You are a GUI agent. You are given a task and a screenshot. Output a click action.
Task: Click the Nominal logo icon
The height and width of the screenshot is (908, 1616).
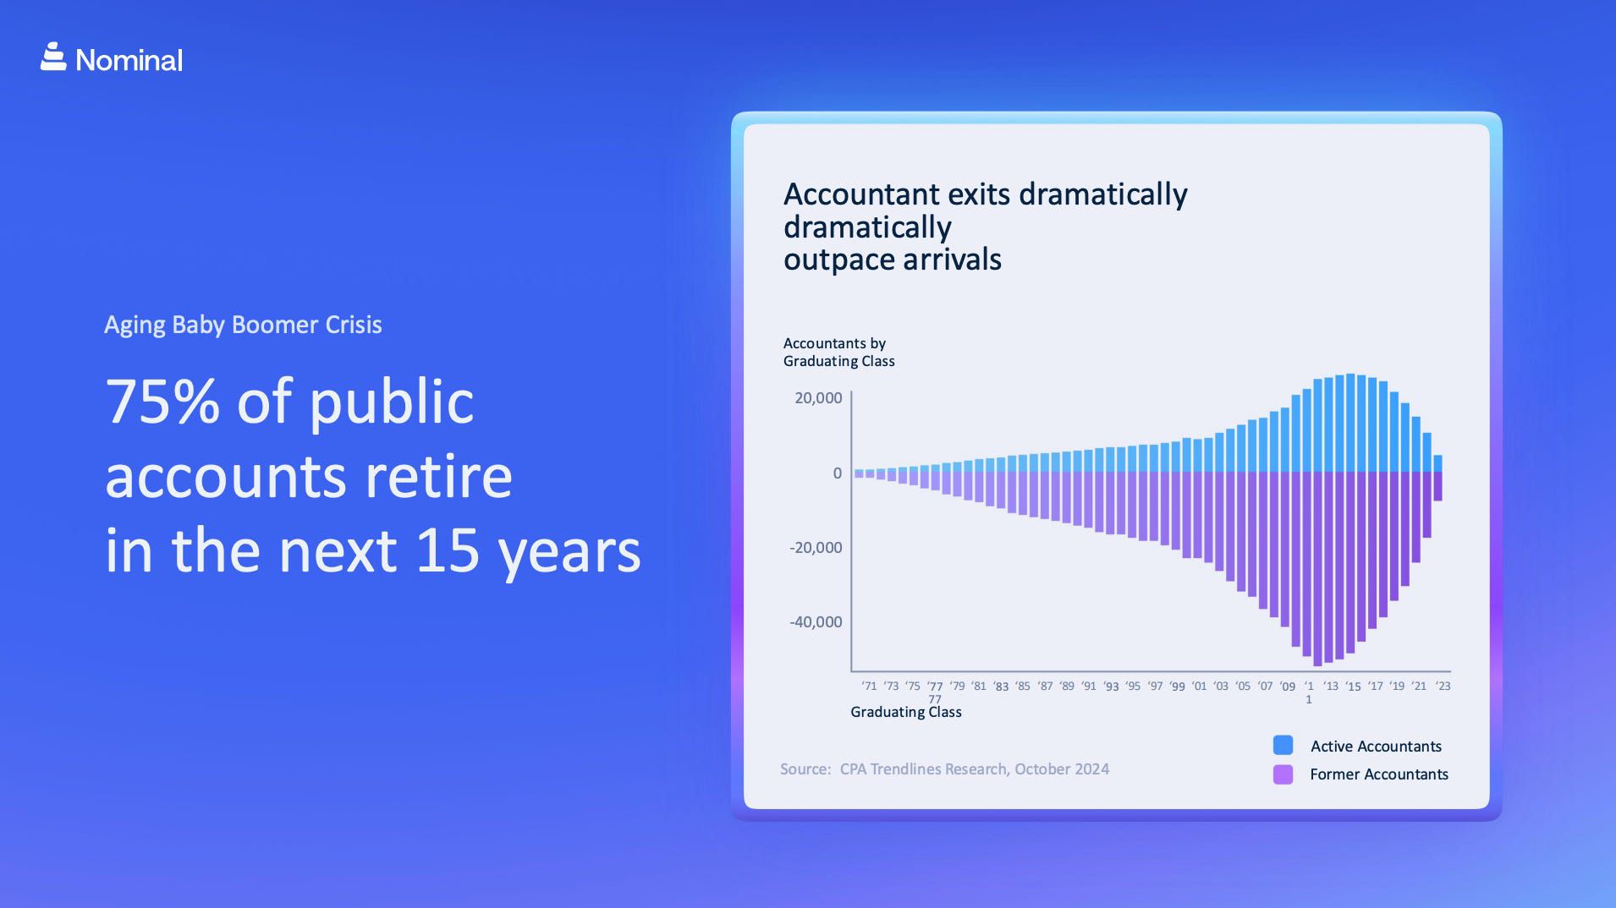[53, 57]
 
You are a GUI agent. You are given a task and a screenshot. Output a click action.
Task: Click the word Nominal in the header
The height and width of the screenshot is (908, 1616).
[129, 60]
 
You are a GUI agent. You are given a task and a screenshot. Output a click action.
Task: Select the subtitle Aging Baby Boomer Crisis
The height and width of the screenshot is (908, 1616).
[243, 325]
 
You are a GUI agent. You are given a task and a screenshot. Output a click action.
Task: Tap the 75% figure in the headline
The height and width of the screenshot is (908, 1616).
[162, 402]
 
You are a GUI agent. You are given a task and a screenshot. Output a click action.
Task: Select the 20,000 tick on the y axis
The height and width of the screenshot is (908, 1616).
[818, 398]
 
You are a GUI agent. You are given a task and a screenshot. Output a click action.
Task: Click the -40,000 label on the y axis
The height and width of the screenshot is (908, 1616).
[816, 622]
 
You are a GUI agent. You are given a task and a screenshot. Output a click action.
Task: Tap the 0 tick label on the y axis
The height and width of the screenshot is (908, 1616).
[837, 473]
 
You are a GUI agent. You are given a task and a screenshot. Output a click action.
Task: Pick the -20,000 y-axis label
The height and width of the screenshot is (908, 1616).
[816, 548]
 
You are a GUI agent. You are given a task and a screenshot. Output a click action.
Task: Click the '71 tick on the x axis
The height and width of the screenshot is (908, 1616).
[869, 686]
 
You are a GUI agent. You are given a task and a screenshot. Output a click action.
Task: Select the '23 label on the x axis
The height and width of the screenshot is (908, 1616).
[1443, 686]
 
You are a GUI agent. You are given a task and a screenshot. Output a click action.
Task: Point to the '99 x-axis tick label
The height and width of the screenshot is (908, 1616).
[1177, 686]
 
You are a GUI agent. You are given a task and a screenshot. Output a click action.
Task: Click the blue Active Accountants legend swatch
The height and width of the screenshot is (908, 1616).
[1283, 746]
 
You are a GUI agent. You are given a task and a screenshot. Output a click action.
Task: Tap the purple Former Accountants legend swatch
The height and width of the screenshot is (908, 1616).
[1283, 774]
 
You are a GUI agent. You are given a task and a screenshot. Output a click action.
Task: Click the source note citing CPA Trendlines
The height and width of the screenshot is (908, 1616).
[944, 769]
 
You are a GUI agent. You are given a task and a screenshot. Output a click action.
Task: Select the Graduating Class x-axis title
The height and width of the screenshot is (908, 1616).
[905, 712]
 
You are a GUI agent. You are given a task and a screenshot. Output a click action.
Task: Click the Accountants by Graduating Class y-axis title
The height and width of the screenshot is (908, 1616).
[838, 353]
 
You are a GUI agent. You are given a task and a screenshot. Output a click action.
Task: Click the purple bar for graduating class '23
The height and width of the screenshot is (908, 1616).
[1437, 486]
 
